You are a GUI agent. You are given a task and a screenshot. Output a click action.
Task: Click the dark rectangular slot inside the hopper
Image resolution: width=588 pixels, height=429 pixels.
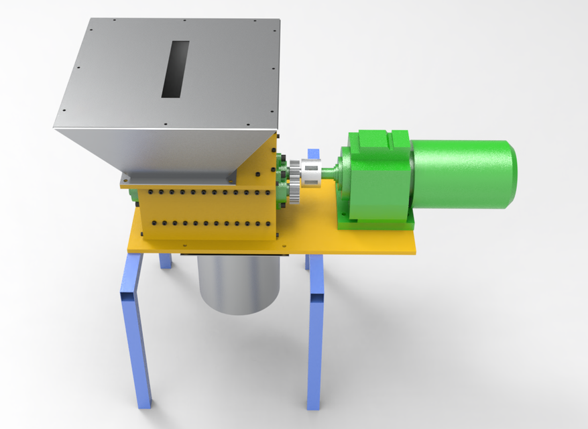pos(176,69)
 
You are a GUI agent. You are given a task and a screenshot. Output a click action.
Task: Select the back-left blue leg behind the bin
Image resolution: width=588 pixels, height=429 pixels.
pos(165,260)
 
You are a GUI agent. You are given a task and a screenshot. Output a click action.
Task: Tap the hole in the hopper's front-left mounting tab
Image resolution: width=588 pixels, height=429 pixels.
pos(125,180)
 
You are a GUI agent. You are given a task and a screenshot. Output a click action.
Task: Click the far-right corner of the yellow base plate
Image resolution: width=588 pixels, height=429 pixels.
pos(416,251)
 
